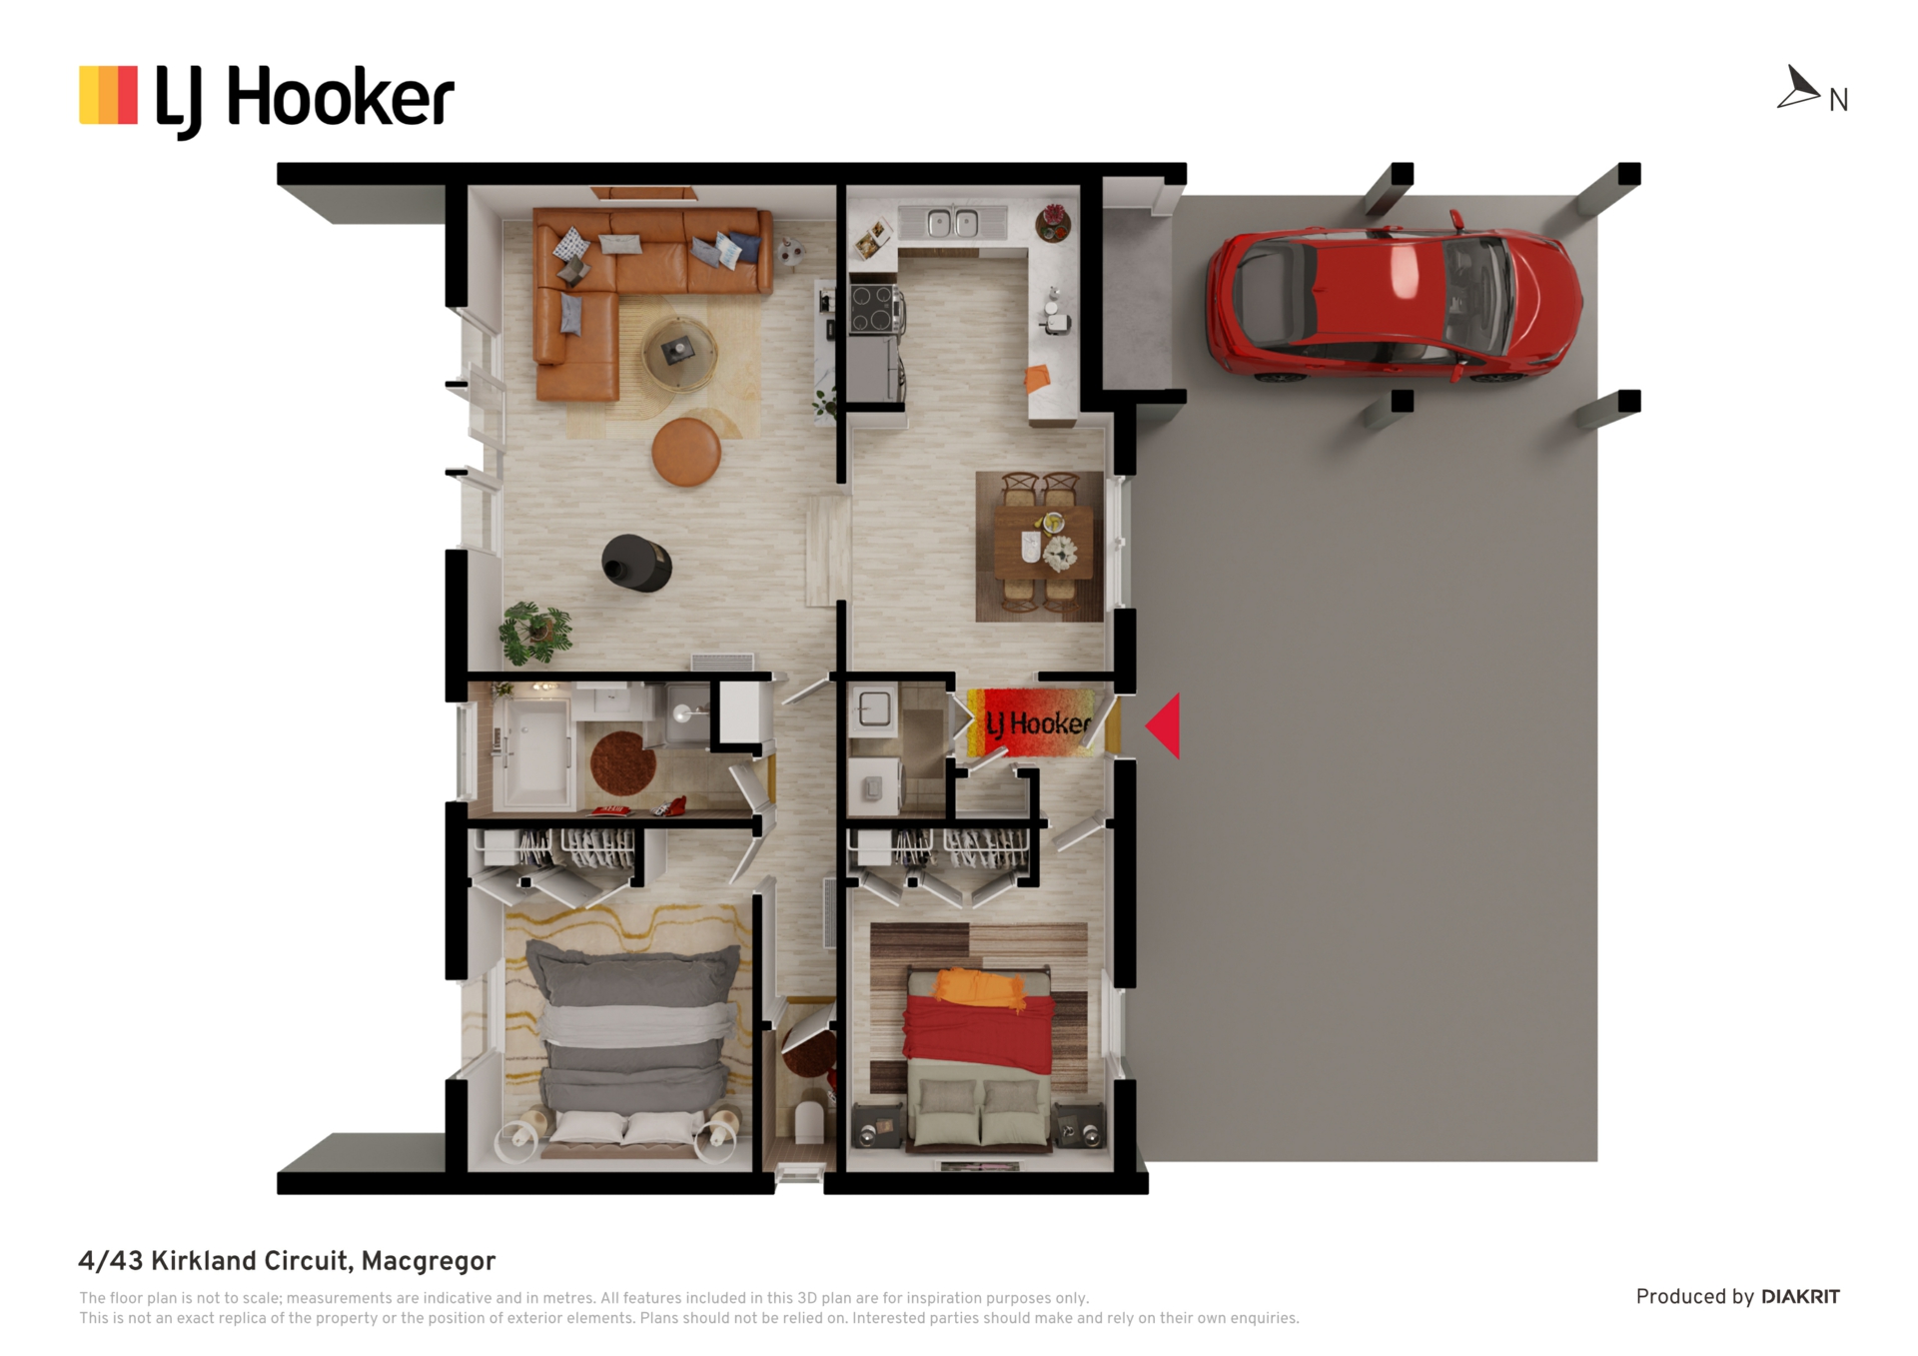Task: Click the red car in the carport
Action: click(x=1394, y=297)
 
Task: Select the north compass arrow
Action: click(x=1798, y=87)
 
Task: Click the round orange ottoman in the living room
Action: click(x=686, y=452)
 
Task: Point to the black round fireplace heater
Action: click(x=636, y=563)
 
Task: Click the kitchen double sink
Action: click(x=952, y=222)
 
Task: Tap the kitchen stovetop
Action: click(x=873, y=309)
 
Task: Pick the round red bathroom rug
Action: click(x=623, y=763)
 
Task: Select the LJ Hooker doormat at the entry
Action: click(x=1030, y=721)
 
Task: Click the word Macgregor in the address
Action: click(x=429, y=1262)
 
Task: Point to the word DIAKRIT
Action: click(x=1800, y=1297)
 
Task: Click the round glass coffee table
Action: click(x=679, y=353)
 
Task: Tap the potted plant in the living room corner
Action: click(x=536, y=632)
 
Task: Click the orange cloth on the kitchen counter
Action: click(x=1038, y=378)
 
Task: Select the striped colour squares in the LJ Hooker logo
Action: click(x=108, y=95)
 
